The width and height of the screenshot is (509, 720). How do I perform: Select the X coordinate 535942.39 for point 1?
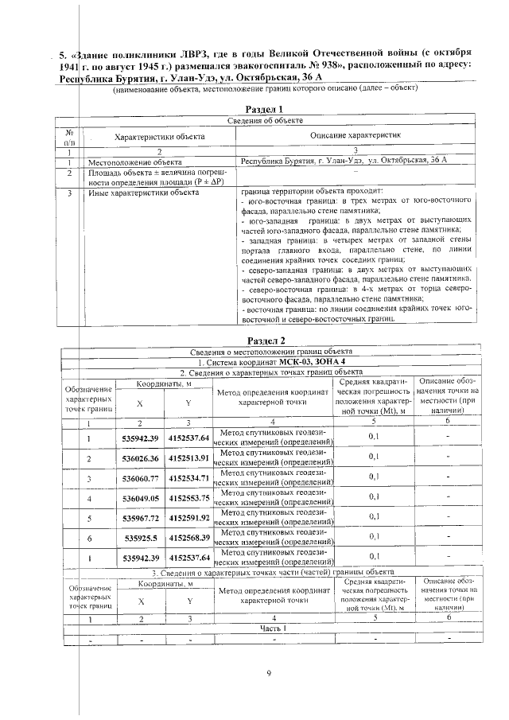click(x=141, y=438)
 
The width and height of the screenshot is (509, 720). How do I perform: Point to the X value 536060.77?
click(x=141, y=478)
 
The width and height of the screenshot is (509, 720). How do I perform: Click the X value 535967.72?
click(x=141, y=518)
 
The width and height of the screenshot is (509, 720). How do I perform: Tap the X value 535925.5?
click(x=141, y=538)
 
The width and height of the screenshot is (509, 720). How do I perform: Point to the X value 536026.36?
click(x=141, y=458)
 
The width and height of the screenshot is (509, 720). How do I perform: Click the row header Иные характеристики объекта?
click(x=143, y=192)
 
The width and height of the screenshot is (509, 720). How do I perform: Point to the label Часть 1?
click(x=272, y=628)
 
